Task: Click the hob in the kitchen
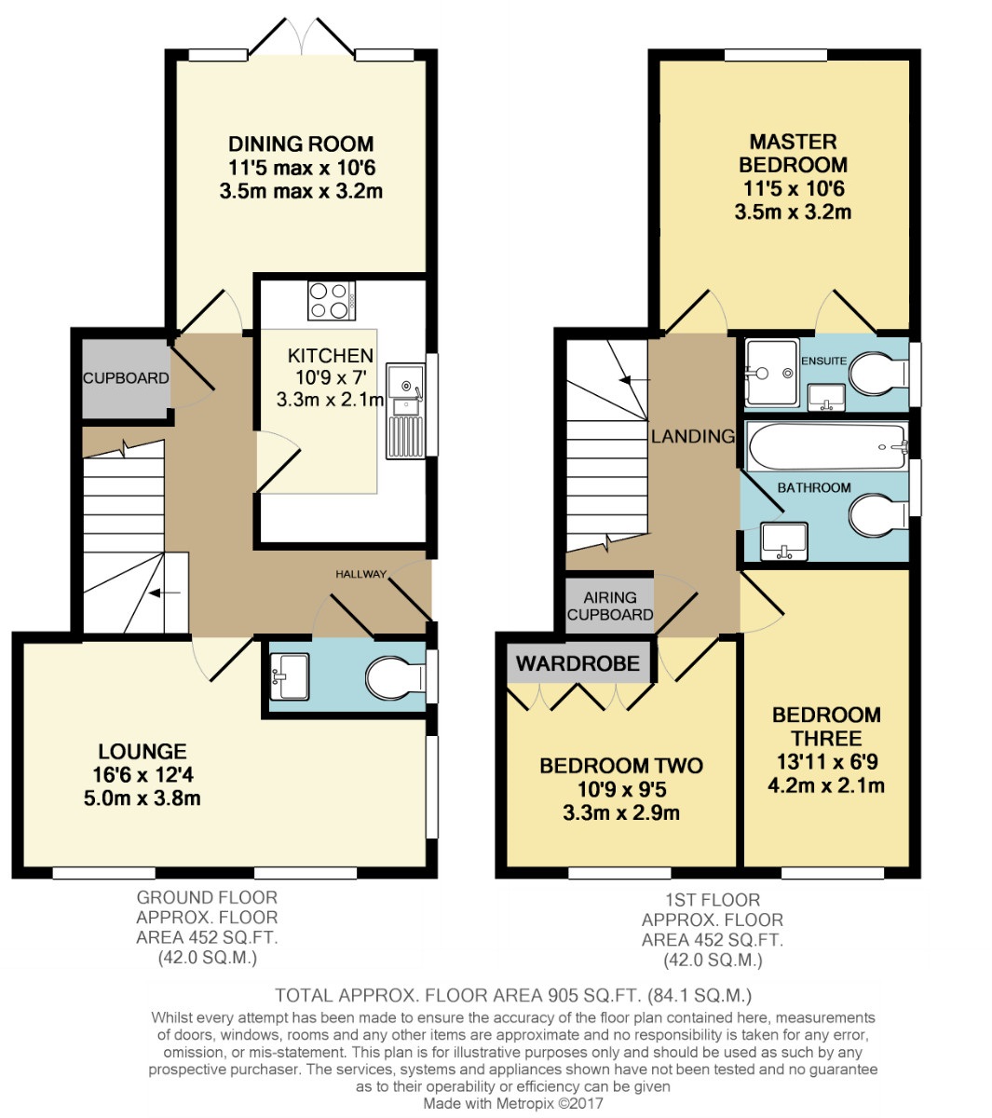331,300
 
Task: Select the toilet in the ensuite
877,374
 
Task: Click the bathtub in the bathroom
827,446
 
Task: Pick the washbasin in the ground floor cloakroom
290,676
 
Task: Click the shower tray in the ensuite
771,373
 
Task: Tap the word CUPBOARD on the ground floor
126,378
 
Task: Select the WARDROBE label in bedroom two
578,662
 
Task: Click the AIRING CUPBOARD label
610,606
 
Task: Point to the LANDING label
693,436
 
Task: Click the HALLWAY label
360,574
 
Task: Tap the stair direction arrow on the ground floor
165,593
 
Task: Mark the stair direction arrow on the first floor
634,380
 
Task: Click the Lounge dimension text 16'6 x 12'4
143,775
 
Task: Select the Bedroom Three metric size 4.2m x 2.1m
826,784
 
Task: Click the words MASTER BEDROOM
793,154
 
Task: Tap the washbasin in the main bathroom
783,541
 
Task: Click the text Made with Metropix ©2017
512,1103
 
